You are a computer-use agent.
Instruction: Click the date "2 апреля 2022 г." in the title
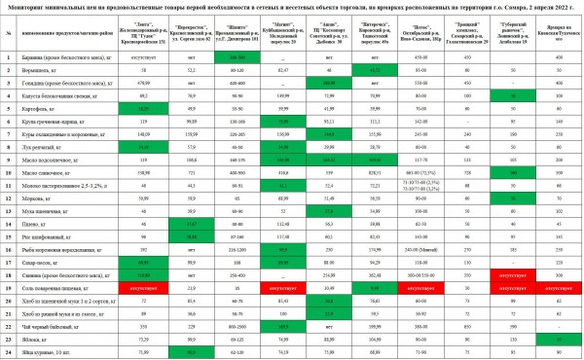point(545,7)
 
